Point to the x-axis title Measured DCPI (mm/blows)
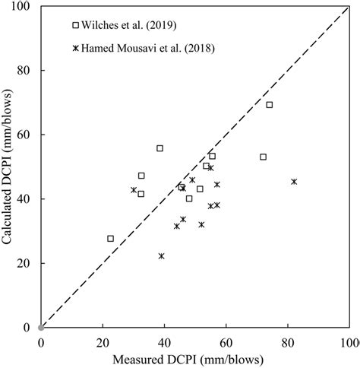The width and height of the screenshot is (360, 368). coord(194,357)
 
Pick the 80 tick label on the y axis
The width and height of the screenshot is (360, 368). coord(25,71)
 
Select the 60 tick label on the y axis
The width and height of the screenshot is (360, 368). coord(25,135)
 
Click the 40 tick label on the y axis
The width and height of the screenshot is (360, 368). coord(25,199)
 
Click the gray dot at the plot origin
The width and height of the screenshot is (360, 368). coord(41,327)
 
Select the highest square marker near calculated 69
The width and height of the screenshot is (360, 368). coord(269,105)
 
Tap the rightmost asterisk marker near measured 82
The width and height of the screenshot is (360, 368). coord(294,182)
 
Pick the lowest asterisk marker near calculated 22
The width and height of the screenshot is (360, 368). coord(161,256)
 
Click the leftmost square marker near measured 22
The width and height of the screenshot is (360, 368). coord(110,239)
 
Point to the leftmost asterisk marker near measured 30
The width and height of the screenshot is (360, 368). coord(134,190)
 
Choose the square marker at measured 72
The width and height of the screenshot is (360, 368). coord(263,157)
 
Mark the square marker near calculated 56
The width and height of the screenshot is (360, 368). coord(159,148)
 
